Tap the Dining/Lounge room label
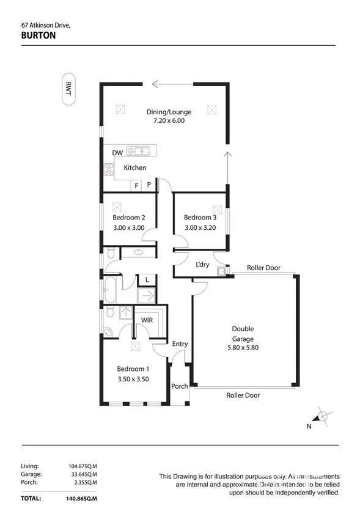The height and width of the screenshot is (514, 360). [x=169, y=112]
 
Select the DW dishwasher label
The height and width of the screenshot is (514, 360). [x=117, y=153]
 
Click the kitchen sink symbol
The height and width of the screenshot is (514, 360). [x=142, y=151]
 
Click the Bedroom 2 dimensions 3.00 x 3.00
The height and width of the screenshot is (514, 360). [x=128, y=228]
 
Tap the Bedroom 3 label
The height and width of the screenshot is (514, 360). [x=200, y=218]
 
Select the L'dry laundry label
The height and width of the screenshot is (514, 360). [x=202, y=265]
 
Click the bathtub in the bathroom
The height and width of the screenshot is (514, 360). [x=111, y=291]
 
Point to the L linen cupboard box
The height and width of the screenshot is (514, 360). [x=147, y=280]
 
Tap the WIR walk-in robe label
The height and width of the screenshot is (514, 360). [x=147, y=320]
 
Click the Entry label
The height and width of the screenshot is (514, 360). [x=180, y=344]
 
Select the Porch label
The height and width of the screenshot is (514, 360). [x=179, y=386]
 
